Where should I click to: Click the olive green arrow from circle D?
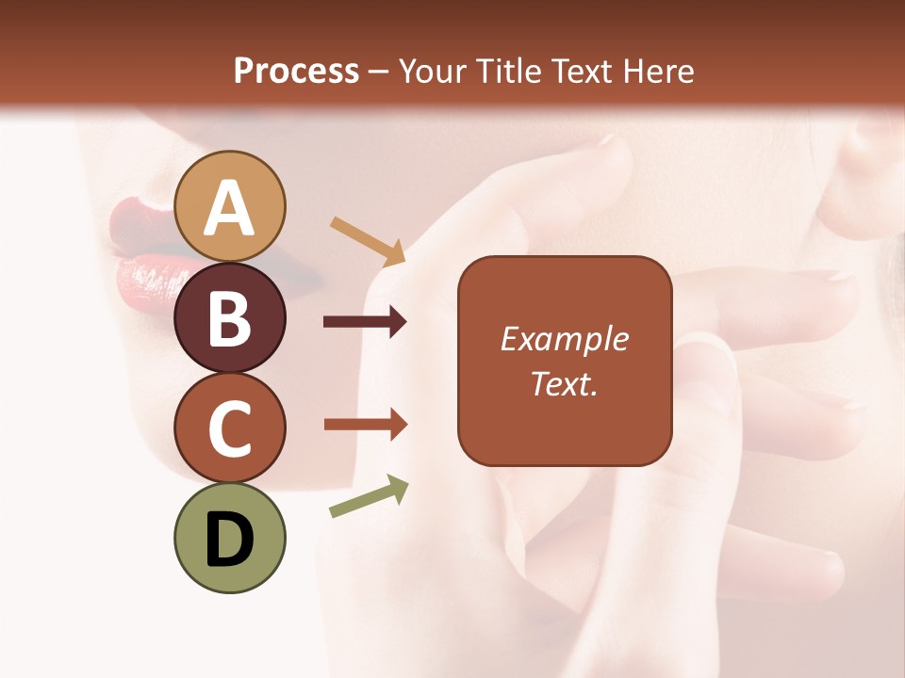pos(369,496)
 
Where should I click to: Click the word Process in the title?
pos(296,71)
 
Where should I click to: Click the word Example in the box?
pos(564,339)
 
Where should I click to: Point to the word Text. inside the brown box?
pos(564,383)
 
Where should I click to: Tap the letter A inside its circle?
pos(229,209)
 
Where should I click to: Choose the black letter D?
pos(229,541)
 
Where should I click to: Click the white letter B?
pos(229,318)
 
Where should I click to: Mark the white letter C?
pos(229,428)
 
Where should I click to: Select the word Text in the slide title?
pos(583,71)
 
